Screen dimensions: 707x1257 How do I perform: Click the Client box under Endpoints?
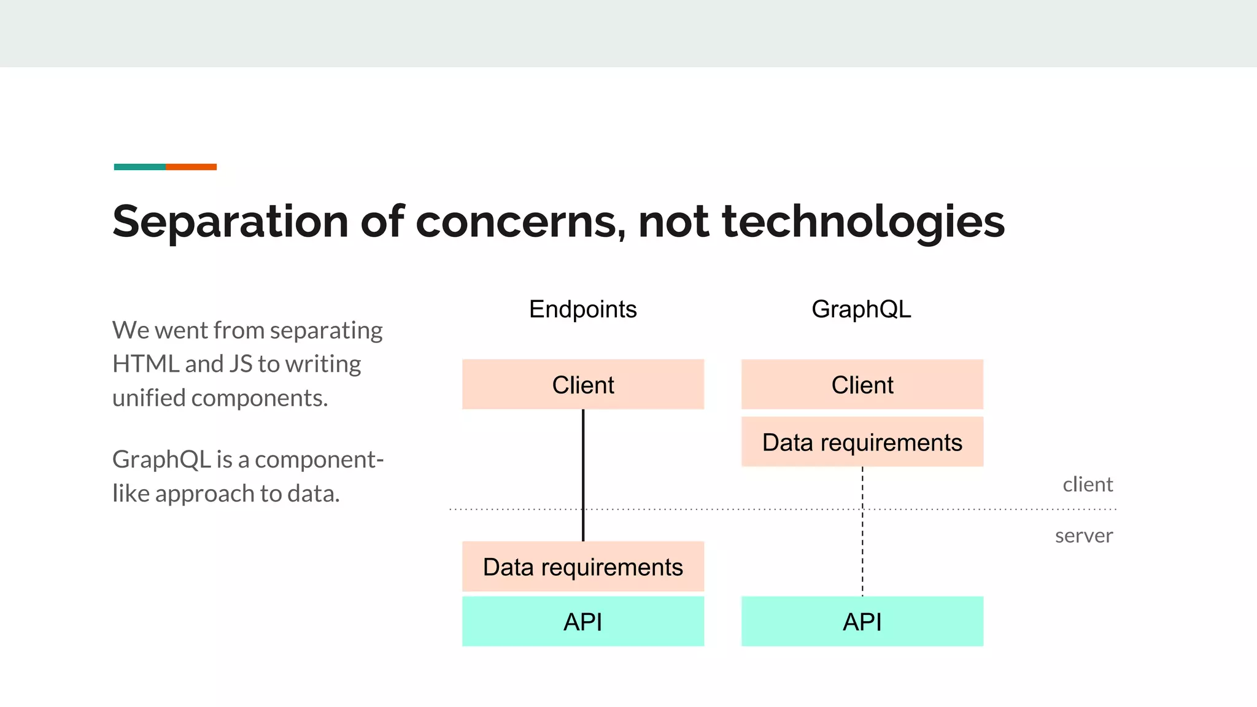coord(582,385)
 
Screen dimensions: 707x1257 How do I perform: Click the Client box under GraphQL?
coord(862,385)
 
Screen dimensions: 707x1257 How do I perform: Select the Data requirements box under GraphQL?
coord(862,442)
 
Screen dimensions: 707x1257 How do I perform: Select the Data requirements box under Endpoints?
coord(582,566)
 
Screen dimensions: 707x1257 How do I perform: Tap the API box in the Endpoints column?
coord(582,621)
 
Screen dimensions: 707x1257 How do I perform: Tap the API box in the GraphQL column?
coord(862,621)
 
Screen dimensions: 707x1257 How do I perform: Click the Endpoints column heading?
coord(582,309)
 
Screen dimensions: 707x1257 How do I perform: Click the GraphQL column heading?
coord(861,309)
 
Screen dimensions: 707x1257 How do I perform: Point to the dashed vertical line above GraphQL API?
coord(862,552)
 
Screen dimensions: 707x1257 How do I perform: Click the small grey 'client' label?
coord(1087,485)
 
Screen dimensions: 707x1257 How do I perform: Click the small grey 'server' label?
coord(1083,536)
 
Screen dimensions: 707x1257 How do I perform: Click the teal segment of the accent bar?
coord(139,167)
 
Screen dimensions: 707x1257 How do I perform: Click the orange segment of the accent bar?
coord(191,167)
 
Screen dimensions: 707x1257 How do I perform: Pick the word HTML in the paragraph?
coord(145,364)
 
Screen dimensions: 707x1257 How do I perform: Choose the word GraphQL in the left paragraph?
coord(161,460)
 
